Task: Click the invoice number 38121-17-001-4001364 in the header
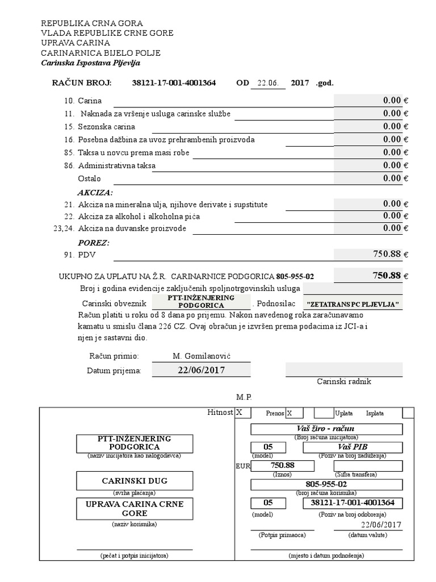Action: tap(174, 83)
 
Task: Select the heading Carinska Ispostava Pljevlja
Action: tap(90, 63)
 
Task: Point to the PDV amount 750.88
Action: tap(388, 254)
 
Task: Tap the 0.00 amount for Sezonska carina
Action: tap(392, 126)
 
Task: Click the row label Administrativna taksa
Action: tap(117, 166)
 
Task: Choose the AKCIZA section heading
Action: tap(95, 192)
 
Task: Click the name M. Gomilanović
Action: tap(203, 356)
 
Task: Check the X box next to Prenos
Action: tap(294, 413)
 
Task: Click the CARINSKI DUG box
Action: tap(135, 481)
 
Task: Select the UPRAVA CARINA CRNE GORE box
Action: tap(135, 509)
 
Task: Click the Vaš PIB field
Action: tap(353, 447)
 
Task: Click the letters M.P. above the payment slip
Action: tap(244, 396)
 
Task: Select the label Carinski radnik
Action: tap(344, 381)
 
